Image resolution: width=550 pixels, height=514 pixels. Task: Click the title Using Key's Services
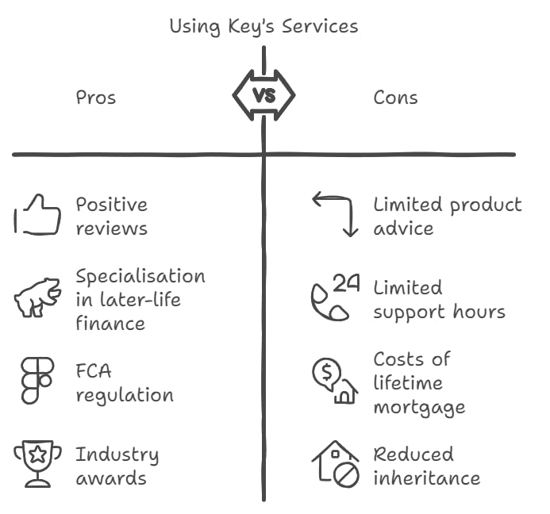(263, 26)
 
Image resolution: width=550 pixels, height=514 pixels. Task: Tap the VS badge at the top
(263, 95)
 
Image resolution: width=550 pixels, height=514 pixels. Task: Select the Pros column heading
(96, 98)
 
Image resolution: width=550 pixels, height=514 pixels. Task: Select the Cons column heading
(395, 98)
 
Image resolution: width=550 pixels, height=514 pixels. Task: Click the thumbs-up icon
(38, 215)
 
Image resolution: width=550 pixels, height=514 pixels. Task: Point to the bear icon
(37, 297)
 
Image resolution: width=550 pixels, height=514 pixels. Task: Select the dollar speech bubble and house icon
(334, 381)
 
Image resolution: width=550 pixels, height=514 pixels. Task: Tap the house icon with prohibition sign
(336, 464)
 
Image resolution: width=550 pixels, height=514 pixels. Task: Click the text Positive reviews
(112, 216)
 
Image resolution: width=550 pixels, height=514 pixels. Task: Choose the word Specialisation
(140, 276)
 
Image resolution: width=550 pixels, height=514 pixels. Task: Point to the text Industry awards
(117, 466)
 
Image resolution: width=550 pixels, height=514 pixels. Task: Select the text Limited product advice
(448, 216)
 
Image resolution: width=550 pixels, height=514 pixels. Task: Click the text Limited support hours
(439, 299)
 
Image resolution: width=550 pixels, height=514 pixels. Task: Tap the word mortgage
(419, 408)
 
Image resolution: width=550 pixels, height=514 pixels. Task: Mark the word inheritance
(427, 478)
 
